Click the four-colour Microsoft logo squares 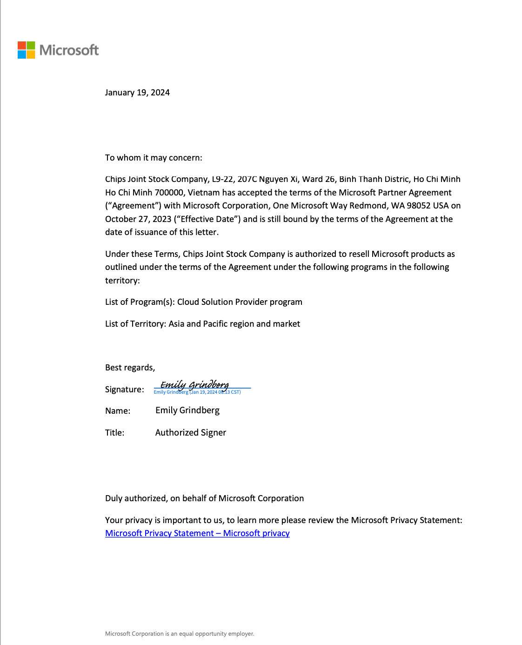(27, 50)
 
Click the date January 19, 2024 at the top (137, 93)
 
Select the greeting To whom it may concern (154, 158)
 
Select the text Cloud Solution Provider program (240, 302)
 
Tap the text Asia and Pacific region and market (234, 324)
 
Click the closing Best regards (130, 368)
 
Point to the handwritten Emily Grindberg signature (194, 384)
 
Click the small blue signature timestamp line (197, 392)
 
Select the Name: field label (118, 411)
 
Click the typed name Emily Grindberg (187, 410)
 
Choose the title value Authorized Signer (191, 433)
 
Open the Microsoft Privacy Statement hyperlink (197, 533)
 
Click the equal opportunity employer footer (180, 634)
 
